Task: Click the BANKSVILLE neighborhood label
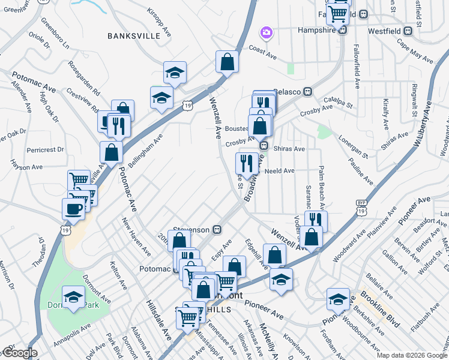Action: (x=134, y=36)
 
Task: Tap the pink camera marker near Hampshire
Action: (x=265, y=32)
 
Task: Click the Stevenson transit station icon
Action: (x=218, y=230)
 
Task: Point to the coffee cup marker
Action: (x=73, y=209)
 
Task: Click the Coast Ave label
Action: (x=262, y=52)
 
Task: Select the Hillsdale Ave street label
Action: (x=158, y=322)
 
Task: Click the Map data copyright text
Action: (x=412, y=355)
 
